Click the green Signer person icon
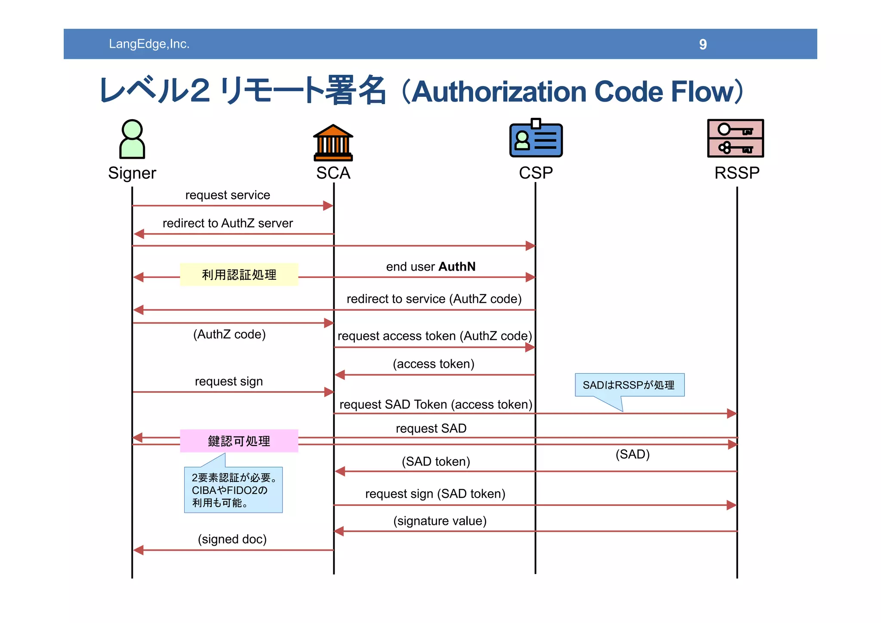tap(132, 139)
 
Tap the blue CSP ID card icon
tap(536, 139)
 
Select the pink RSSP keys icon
tap(735, 138)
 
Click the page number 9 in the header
tap(702, 44)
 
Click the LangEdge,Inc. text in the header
tap(149, 44)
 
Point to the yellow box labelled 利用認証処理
tap(239, 274)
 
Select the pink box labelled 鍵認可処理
tap(239, 441)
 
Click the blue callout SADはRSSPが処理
tap(629, 385)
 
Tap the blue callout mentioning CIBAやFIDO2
tap(233, 490)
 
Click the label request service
tap(228, 195)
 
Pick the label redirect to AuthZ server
tap(228, 223)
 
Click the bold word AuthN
tap(457, 267)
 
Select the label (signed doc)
tap(232, 539)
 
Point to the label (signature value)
tap(440, 521)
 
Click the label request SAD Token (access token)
tap(436, 404)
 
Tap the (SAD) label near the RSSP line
tap(632, 454)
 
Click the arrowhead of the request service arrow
tap(329, 206)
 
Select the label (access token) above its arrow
tap(433, 364)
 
